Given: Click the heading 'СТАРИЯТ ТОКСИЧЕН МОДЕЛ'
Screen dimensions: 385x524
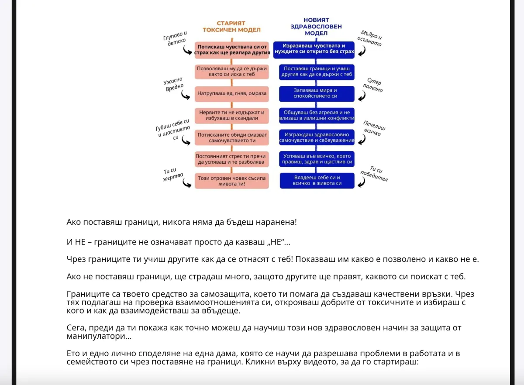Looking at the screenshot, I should pos(231,27).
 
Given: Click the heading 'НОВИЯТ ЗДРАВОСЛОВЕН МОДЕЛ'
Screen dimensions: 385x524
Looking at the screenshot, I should pos(322,27).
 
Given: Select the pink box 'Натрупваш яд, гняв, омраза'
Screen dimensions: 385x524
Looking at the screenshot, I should pos(231,94).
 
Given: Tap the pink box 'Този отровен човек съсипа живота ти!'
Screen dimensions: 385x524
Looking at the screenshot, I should pos(231,181).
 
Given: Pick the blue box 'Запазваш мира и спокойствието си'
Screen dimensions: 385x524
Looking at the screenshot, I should pos(317,93).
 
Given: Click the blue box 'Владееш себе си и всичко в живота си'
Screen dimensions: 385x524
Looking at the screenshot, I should pos(317,181).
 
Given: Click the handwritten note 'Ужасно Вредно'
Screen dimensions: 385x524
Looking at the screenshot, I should pos(173,84).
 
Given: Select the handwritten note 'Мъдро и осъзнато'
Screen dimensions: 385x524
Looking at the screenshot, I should pos(370,39).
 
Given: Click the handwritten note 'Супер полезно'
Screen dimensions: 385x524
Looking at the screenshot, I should pos(374,86).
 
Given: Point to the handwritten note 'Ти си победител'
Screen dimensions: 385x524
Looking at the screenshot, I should pos(378,173).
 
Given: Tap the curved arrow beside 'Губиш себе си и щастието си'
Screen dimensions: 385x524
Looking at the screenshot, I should pos(187,140).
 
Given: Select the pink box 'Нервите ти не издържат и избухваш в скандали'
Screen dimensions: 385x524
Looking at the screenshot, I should pos(231,115).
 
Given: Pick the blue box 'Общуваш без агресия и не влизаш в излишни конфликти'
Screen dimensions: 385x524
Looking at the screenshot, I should pos(317,115).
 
